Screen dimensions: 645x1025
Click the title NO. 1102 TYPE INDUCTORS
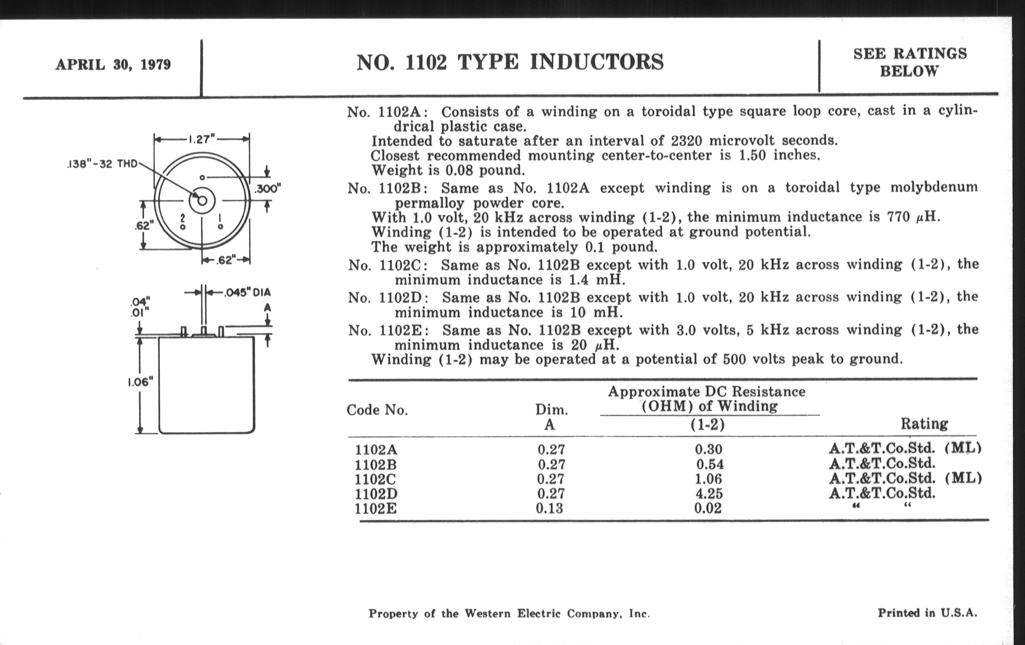pyautogui.click(x=510, y=62)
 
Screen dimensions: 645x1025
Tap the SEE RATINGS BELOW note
pyautogui.click(x=910, y=62)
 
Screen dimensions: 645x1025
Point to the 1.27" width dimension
pyautogui.click(x=202, y=139)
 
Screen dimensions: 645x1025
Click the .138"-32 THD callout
pyautogui.click(x=102, y=164)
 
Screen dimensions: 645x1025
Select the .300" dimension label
pyautogui.click(x=268, y=188)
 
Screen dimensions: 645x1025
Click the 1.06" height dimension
pyautogui.click(x=140, y=382)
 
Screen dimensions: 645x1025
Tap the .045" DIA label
pyautogui.click(x=247, y=293)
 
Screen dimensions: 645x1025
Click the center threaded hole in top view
pyautogui.click(x=202, y=201)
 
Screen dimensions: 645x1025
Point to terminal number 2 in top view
pyautogui.click(x=182, y=218)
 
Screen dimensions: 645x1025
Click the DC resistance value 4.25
pyautogui.click(x=708, y=493)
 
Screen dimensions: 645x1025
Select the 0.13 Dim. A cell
pyautogui.click(x=550, y=508)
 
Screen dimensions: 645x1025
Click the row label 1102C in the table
pyautogui.click(x=375, y=479)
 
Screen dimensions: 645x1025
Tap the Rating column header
pyautogui.click(x=924, y=423)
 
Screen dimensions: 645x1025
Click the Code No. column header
pyautogui.click(x=377, y=410)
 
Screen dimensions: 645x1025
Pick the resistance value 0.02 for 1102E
pyautogui.click(x=708, y=508)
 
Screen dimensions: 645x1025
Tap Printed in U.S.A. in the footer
pyautogui.click(x=927, y=613)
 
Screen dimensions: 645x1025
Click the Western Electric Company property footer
pyautogui.click(x=509, y=613)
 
